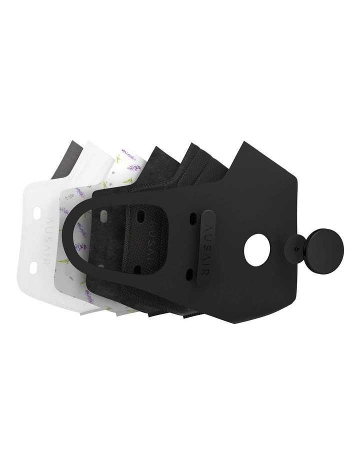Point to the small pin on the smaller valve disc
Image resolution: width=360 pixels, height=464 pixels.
tap(298, 248)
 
